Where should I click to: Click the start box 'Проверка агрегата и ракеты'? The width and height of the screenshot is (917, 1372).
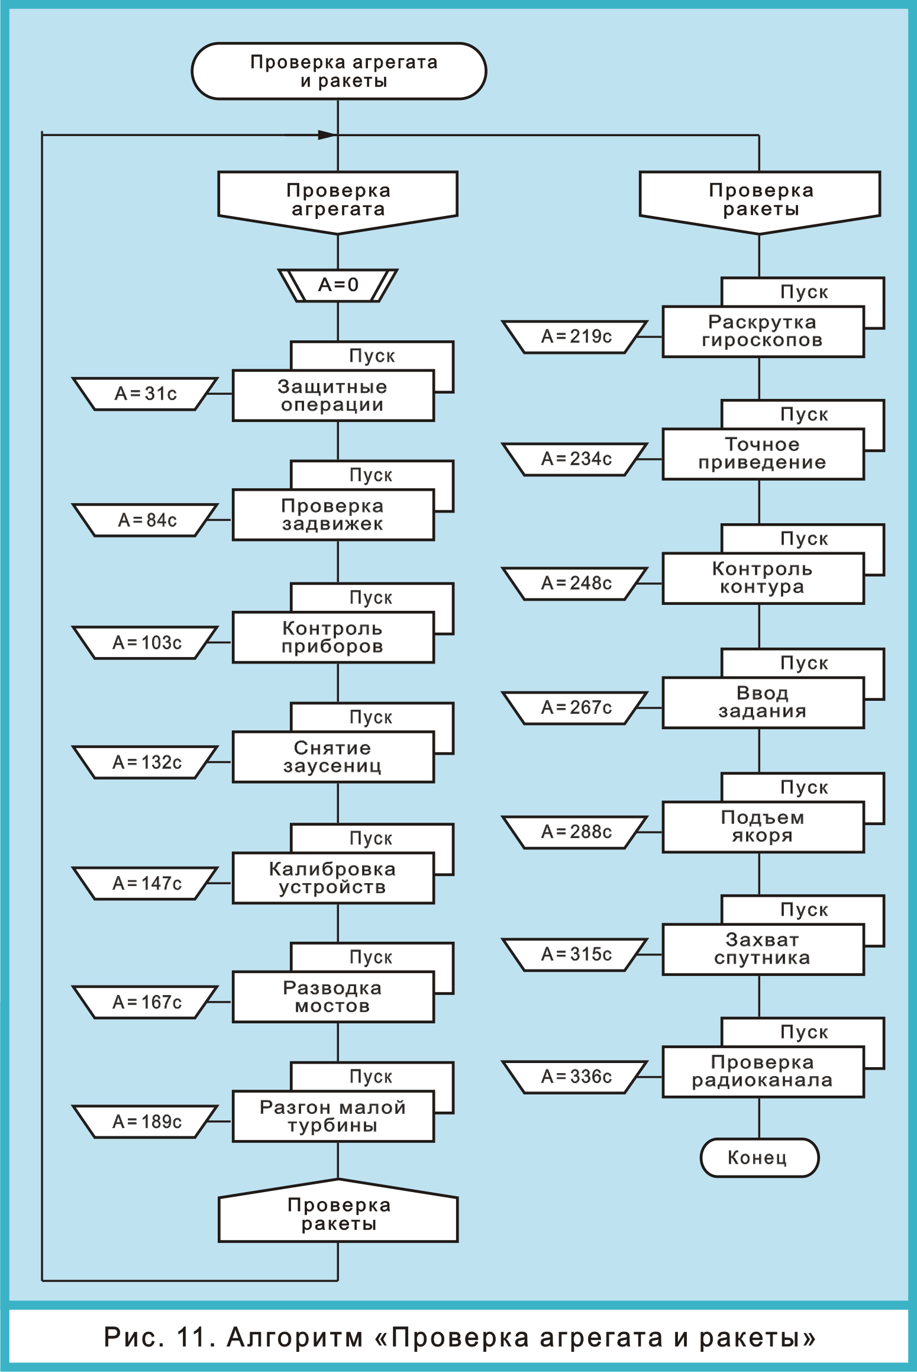pyautogui.click(x=338, y=71)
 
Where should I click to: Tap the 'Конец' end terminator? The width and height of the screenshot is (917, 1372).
pyautogui.click(x=758, y=1157)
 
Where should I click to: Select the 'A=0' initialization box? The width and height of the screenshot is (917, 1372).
pyautogui.click(x=338, y=285)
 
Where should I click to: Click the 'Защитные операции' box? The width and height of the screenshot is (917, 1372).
pyautogui.click(x=332, y=395)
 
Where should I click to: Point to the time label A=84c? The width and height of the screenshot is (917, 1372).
pyautogui.click(x=147, y=520)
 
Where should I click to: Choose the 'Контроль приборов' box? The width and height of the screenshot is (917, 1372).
pyautogui.click(x=332, y=637)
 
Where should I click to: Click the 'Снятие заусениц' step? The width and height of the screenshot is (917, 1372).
pyautogui.click(x=332, y=757)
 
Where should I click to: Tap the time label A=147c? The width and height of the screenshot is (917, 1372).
pyautogui.click(x=147, y=883)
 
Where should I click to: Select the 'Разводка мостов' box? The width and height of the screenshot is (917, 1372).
pyautogui.click(x=332, y=997)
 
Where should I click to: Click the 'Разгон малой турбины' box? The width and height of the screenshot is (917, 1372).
pyautogui.click(x=332, y=1116)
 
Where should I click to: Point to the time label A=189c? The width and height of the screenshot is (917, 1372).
pyautogui.click(x=147, y=1122)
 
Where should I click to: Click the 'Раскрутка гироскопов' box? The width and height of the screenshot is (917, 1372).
pyautogui.click(x=762, y=331)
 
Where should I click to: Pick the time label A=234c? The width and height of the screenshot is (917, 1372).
pyautogui.click(x=576, y=459)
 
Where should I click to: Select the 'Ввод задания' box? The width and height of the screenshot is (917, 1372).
pyautogui.click(x=762, y=703)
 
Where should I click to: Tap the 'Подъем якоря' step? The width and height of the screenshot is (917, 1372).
pyautogui.click(x=762, y=827)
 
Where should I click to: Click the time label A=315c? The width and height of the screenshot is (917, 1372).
pyautogui.click(x=576, y=954)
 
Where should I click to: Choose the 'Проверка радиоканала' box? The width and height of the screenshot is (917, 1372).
pyautogui.click(x=762, y=1072)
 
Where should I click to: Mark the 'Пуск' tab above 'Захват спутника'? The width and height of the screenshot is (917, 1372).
pyautogui.click(x=804, y=910)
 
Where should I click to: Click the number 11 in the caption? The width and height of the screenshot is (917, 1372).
pyautogui.click(x=194, y=1337)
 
